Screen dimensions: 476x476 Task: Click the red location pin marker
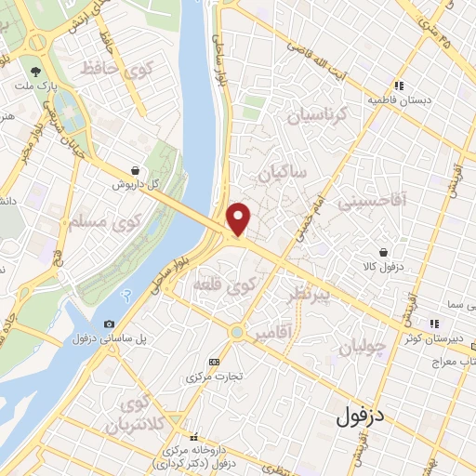(239, 219)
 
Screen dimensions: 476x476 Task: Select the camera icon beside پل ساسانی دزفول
(110, 323)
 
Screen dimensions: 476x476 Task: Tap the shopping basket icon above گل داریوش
(137, 171)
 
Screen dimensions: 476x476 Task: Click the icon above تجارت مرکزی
(216, 362)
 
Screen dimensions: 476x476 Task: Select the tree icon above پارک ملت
(36, 71)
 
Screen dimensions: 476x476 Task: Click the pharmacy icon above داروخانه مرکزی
(194, 436)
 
